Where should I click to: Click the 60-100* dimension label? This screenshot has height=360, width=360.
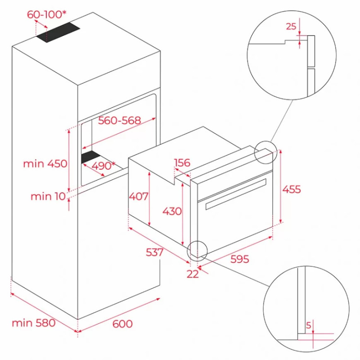click(x=46, y=14)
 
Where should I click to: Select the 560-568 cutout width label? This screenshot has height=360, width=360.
click(x=119, y=121)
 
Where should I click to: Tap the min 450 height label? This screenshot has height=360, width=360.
click(x=45, y=164)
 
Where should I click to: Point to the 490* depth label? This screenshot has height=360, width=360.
click(x=103, y=166)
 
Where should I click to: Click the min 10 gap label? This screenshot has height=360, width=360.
click(x=48, y=197)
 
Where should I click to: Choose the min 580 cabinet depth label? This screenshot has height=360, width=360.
click(x=33, y=323)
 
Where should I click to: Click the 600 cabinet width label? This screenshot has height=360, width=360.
click(x=122, y=324)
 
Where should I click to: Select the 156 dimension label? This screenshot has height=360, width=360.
click(x=182, y=163)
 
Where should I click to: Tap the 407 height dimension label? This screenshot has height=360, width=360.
click(x=139, y=196)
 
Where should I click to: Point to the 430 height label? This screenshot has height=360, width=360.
click(x=172, y=211)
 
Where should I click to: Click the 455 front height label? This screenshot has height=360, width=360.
click(x=291, y=189)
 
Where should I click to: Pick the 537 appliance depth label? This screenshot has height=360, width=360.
click(x=154, y=252)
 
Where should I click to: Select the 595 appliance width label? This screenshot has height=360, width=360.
click(x=239, y=259)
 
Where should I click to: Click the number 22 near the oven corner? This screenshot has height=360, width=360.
click(x=193, y=274)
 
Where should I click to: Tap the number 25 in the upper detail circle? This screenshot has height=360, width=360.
click(x=291, y=27)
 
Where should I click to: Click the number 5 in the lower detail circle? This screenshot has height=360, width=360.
click(x=308, y=325)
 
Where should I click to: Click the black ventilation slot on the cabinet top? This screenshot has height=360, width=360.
click(x=58, y=32)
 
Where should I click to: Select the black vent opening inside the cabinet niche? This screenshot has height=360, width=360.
click(x=91, y=157)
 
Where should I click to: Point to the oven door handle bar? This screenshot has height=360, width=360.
click(x=236, y=194)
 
